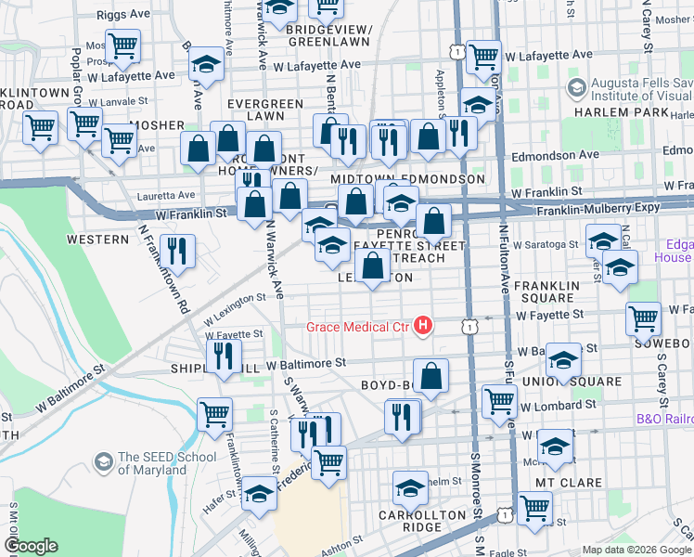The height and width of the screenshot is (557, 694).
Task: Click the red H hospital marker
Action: coord(424,325)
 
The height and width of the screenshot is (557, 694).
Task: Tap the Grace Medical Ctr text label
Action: coord(359,326)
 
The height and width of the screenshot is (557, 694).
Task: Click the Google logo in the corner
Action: coord(31,546)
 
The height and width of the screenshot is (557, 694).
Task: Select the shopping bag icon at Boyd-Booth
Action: coord(431,376)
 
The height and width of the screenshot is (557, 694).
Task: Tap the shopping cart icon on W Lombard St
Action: coord(499,401)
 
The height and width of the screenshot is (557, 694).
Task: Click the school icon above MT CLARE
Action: coord(556,447)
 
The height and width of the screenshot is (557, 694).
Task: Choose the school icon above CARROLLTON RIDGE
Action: coord(410,487)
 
